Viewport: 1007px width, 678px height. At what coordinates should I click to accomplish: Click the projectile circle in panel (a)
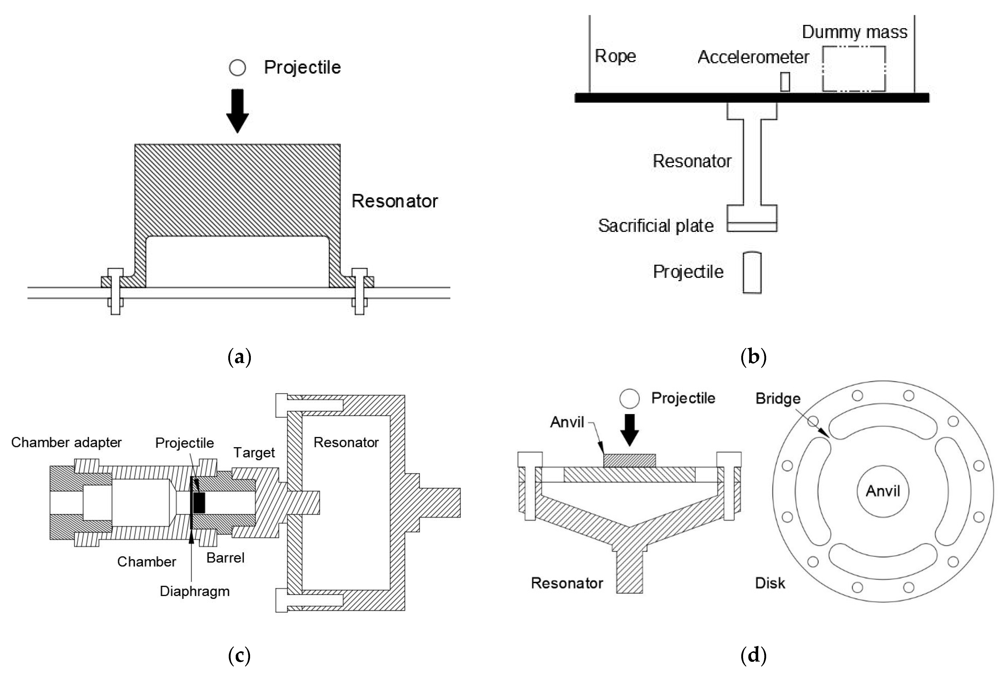[x=237, y=68]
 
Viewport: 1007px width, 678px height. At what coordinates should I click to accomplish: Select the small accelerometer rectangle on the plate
[x=785, y=82]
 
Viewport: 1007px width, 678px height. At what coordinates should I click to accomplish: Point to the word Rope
[x=615, y=56]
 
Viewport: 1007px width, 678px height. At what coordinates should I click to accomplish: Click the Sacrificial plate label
[x=655, y=226]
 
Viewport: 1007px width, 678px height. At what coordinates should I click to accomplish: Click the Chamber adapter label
[x=66, y=442]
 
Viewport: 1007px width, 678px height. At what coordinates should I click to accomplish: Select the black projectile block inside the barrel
[x=199, y=503]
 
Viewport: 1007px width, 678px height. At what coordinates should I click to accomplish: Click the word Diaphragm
[x=195, y=591]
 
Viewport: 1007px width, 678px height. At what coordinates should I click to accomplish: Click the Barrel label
[x=225, y=558]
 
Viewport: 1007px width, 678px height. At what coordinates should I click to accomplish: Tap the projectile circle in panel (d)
[x=629, y=398]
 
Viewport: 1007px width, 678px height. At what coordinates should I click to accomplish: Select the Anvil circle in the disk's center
[x=882, y=491]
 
